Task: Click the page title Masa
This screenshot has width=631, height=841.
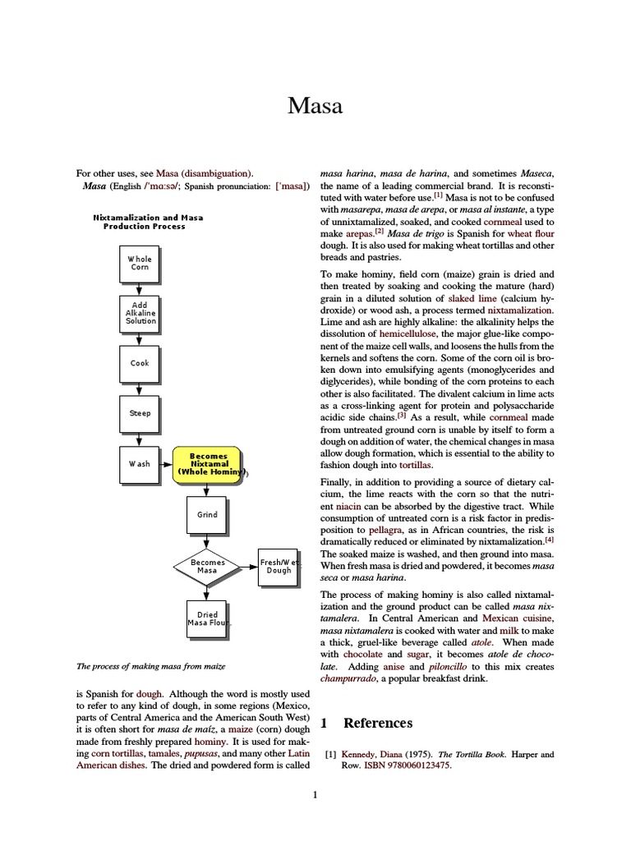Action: coord(315,105)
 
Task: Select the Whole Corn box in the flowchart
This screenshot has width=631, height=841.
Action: coord(140,263)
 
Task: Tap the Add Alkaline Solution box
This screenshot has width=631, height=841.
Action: coord(140,313)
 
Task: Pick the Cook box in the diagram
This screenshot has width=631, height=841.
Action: coord(140,363)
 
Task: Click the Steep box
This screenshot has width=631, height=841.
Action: coord(140,413)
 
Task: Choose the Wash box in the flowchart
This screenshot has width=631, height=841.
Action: coord(140,463)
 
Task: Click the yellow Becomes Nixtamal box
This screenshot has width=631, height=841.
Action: coord(209,463)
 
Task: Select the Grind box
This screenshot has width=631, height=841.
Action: coord(207,515)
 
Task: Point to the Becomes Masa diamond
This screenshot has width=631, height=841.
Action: coord(207,566)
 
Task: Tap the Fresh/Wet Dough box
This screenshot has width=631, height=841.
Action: coord(279,566)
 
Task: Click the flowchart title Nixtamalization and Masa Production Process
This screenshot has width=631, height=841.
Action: coord(148,222)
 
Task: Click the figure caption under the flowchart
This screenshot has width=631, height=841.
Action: coord(151,665)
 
